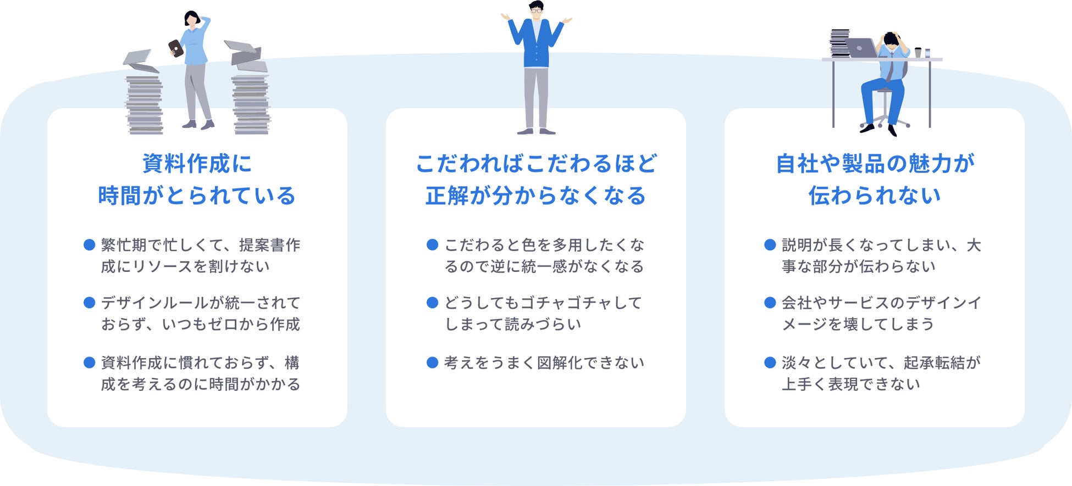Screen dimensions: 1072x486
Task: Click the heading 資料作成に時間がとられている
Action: point(197,180)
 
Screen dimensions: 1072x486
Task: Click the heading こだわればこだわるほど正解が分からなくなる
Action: point(535,180)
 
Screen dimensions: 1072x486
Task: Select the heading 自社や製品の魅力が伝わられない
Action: point(874,180)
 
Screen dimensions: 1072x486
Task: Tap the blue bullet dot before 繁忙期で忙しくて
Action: point(89,245)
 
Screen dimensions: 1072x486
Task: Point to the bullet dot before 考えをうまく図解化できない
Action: point(432,362)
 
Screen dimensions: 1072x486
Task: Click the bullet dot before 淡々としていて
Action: point(770,362)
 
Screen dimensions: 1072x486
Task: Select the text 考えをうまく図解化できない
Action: point(544,363)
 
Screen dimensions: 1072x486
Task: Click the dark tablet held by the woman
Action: point(175,48)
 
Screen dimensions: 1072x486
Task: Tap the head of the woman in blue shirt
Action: point(192,18)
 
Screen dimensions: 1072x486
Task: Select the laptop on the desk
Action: point(861,48)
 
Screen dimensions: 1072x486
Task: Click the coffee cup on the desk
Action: point(918,52)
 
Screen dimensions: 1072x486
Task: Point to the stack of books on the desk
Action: point(839,43)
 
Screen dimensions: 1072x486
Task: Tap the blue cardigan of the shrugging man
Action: point(536,44)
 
